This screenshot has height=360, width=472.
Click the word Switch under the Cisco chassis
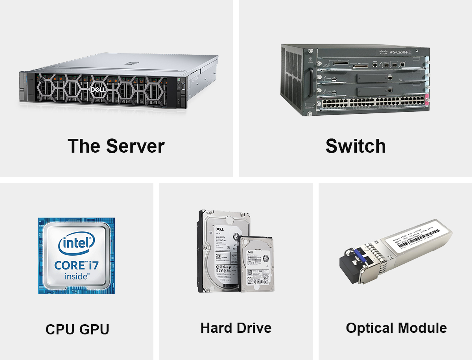coord(356,146)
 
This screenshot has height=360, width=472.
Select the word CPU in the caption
coord(59,329)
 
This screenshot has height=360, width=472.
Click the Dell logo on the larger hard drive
coord(219,229)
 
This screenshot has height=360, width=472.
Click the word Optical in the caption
coord(369,328)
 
